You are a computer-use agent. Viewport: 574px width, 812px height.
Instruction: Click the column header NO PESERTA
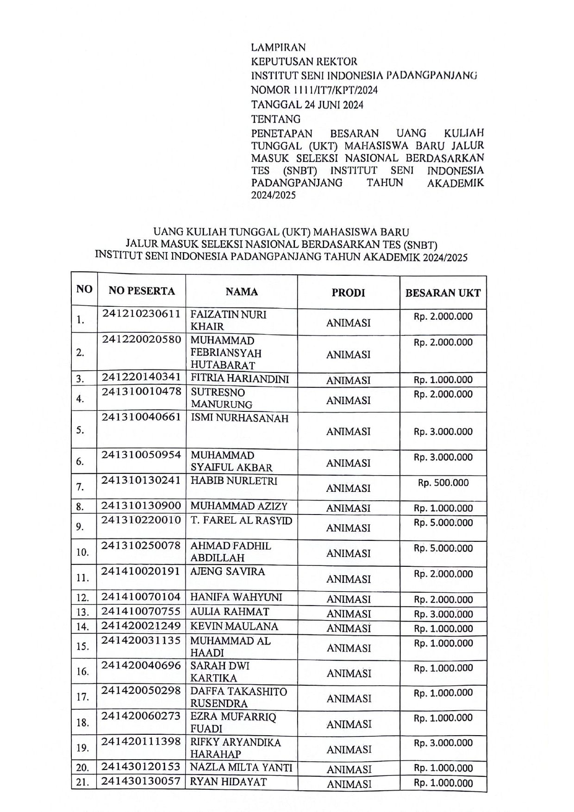[x=142, y=291]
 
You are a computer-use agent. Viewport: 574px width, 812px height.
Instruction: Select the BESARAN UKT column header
[x=443, y=293]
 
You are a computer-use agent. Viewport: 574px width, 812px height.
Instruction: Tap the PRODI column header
[x=348, y=293]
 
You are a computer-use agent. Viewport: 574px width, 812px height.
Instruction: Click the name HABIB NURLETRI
[x=234, y=481]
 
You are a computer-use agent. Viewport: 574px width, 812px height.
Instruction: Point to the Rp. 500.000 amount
[x=443, y=483]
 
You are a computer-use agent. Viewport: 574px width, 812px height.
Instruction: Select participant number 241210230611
[x=141, y=314]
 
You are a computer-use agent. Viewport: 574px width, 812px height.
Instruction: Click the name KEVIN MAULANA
[x=234, y=626]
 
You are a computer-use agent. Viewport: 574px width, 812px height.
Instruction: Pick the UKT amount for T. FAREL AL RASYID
[x=443, y=523]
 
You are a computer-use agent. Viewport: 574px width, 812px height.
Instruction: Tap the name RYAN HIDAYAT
[x=229, y=782]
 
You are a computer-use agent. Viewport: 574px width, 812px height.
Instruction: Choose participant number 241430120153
[x=141, y=767]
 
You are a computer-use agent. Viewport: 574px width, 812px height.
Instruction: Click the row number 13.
[x=82, y=613]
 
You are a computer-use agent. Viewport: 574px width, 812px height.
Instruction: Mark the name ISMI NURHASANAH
[x=239, y=418]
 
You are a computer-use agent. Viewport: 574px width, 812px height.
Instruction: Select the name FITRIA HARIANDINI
[x=240, y=379]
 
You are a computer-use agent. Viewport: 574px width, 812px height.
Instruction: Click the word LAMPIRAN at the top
[x=278, y=47]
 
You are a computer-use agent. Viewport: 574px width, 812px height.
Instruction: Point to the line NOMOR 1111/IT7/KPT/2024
[x=314, y=90]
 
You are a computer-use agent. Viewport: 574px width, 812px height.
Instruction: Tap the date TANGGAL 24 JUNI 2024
[x=307, y=105]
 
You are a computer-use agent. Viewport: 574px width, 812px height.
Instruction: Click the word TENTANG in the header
[x=275, y=119]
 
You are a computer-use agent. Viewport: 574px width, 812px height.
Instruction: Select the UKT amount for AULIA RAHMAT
[x=443, y=614]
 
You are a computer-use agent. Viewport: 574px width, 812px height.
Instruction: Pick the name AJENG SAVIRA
[x=228, y=571]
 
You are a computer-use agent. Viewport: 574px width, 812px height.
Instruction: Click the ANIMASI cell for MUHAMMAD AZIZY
[x=348, y=508]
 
